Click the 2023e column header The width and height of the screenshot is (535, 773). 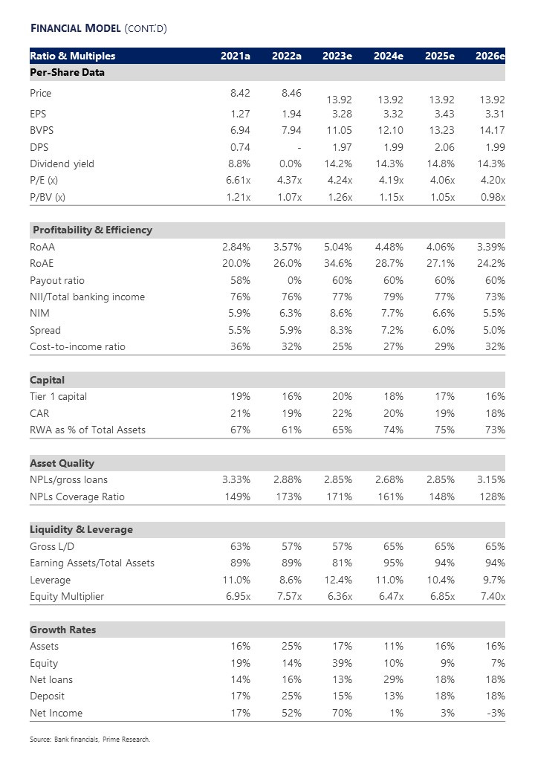click(337, 56)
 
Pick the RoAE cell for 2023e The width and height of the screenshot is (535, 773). click(338, 263)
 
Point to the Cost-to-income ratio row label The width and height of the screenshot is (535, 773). click(77, 346)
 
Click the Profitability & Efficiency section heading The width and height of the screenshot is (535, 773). click(92, 230)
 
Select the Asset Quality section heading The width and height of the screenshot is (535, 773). click(62, 463)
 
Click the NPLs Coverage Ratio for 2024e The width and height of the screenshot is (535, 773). click(389, 497)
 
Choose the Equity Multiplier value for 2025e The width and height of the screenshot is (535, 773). click(439, 596)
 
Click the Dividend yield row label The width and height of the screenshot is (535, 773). click(62, 164)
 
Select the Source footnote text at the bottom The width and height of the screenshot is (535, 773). click(90, 740)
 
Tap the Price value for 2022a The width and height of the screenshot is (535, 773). click(287, 94)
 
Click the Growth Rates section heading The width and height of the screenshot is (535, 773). click(62, 630)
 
